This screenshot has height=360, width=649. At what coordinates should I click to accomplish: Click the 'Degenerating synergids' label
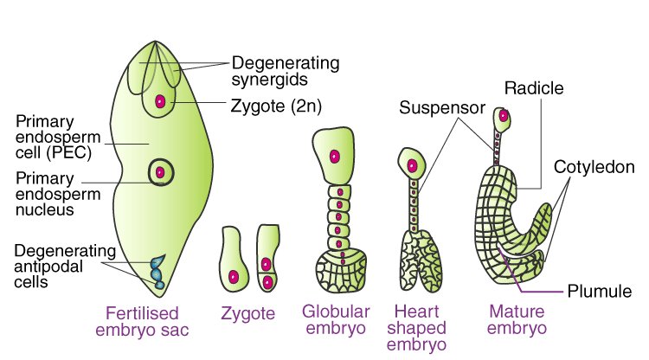[286, 71]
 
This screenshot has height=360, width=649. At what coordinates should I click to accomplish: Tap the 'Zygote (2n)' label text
[276, 106]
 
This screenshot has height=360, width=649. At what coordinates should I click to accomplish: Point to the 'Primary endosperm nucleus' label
[58, 194]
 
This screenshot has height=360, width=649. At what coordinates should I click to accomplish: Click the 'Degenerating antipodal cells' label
[65, 266]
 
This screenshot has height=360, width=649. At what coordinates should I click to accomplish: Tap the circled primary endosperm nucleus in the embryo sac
[161, 172]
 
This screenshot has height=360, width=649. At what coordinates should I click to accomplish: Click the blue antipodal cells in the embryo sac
[157, 272]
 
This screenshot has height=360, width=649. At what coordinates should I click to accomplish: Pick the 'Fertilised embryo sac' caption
[142, 322]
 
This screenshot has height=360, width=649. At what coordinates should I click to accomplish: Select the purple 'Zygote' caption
[248, 313]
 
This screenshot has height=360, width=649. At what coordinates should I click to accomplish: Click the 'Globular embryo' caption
[336, 319]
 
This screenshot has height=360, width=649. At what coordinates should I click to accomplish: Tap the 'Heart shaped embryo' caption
[416, 327]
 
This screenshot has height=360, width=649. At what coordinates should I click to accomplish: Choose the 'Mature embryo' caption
[517, 319]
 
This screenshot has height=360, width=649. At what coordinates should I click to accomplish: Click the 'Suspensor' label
[442, 108]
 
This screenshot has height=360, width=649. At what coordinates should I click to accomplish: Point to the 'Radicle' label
[534, 88]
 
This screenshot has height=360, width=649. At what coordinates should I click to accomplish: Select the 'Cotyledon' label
[594, 167]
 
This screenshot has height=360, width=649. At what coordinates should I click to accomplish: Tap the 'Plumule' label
[600, 292]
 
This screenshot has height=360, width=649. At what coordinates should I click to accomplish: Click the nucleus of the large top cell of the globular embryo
[334, 157]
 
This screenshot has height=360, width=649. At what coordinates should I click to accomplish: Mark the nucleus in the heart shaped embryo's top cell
[412, 166]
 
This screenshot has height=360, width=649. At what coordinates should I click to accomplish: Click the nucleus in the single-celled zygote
[234, 276]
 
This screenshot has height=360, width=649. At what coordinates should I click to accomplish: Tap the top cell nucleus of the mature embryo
[504, 116]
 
